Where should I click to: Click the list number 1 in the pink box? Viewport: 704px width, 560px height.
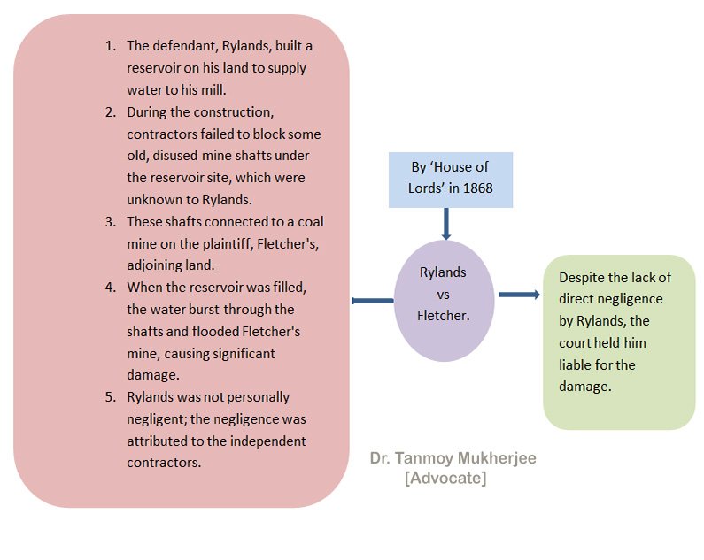pyautogui.click(x=110, y=46)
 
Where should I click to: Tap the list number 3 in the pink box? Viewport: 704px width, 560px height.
pyautogui.click(x=110, y=221)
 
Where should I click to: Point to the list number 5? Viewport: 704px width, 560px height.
pyautogui.click(x=110, y=397)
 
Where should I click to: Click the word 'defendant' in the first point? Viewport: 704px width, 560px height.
pyautogui.click(x=182, y=46)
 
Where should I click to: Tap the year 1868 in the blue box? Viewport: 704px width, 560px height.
pyautogui.click(x=475, y=188)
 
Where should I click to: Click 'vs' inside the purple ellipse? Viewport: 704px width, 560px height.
pyautogui.click(x=443, y=294)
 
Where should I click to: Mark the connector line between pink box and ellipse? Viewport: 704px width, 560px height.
pyautogui.click(x=372, y=302)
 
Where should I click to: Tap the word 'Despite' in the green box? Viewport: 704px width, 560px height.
pyautogui.click(x=582, y=277)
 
